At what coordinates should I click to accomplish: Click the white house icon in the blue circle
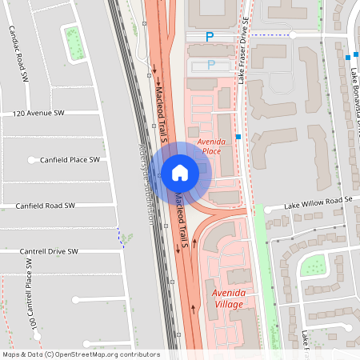179,172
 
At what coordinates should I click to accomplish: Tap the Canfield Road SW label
45,206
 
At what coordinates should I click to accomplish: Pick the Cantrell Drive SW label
50,251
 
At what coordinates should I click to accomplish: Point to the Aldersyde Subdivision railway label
145,183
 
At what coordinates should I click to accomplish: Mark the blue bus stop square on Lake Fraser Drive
238,137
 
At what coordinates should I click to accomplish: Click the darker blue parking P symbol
210,36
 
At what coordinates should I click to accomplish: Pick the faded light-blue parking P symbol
211,64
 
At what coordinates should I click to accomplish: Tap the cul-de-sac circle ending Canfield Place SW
33,160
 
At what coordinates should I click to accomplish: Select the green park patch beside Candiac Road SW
74,44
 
